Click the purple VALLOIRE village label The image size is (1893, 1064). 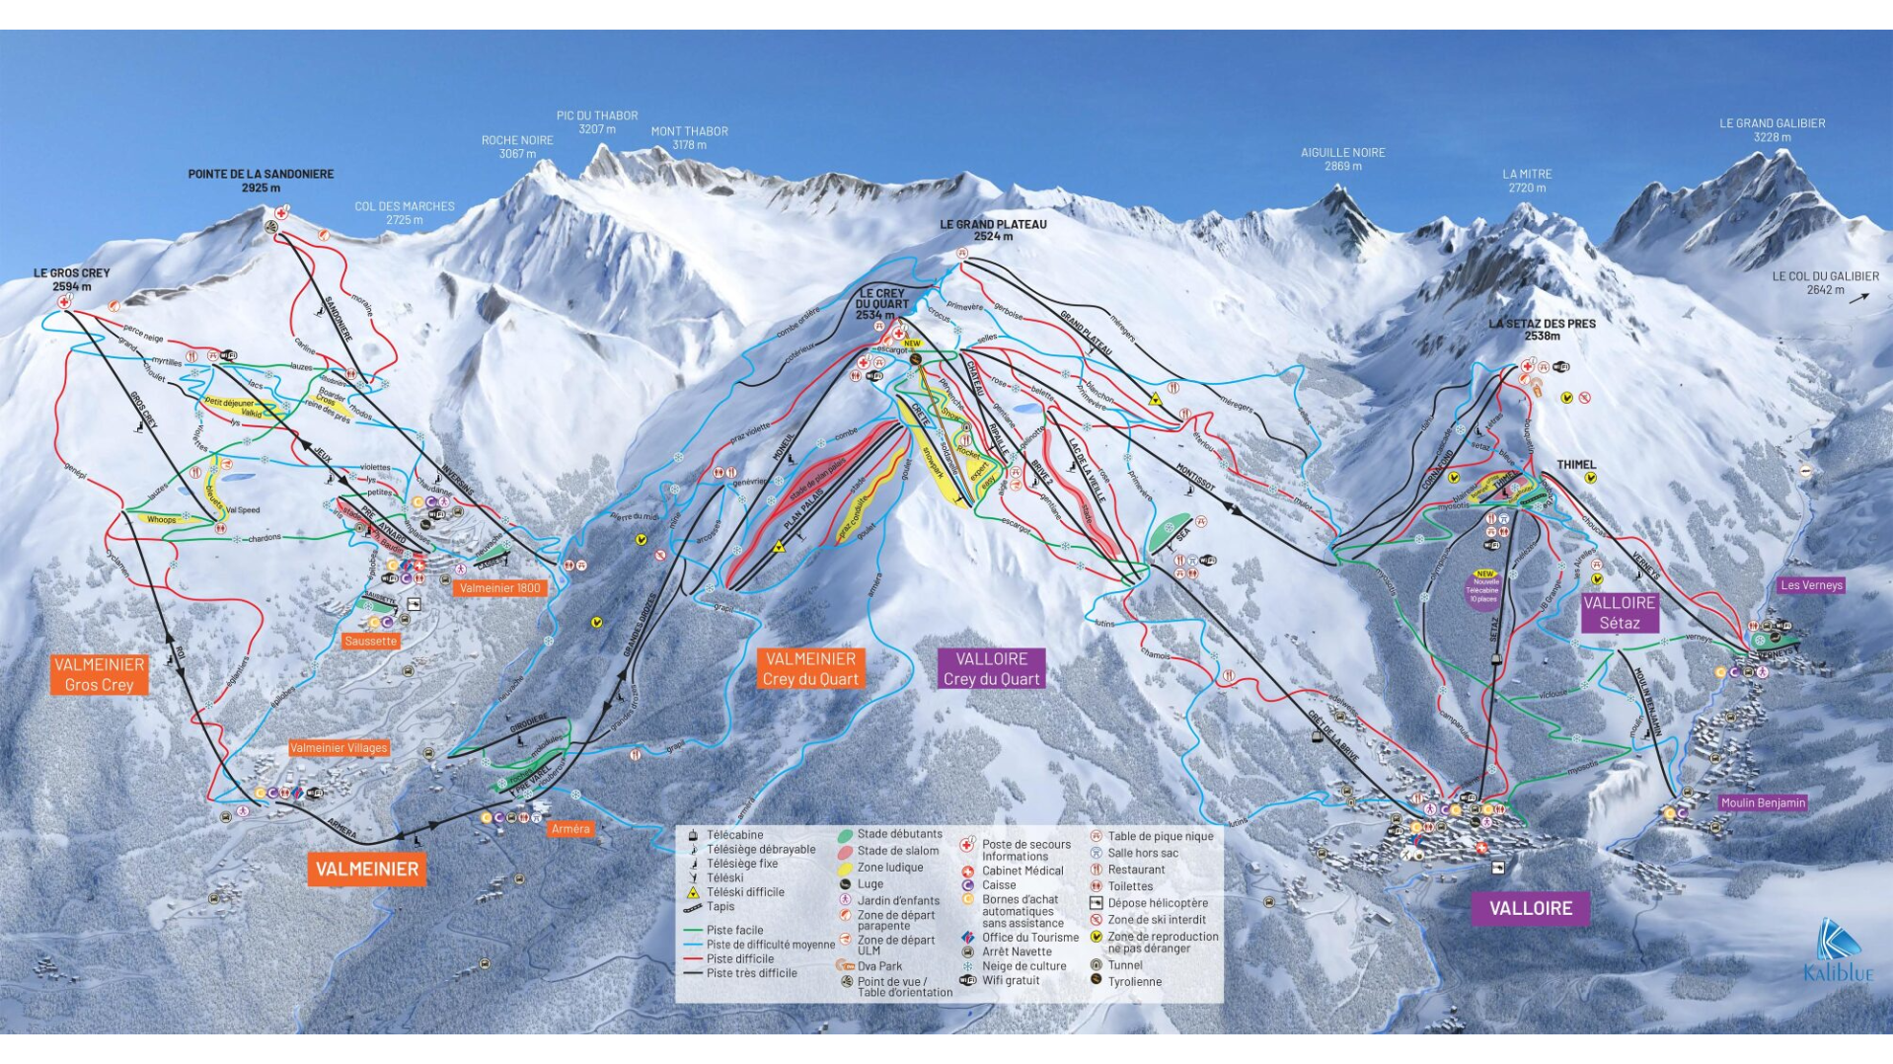pos(1530,908)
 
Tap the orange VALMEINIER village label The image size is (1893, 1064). pos(366,870)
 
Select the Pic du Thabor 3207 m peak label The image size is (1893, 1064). pos(597,122)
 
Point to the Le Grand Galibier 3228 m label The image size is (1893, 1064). pos(1772,130)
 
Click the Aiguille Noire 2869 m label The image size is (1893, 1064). pos(1342,159)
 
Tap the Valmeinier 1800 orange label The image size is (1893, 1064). pos(500,588)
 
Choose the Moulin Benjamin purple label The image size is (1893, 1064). pos(1763,803)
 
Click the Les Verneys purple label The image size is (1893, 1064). pos(1811,585)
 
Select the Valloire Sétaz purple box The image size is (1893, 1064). pos(1619,613)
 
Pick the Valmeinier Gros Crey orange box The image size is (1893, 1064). pos(99,675)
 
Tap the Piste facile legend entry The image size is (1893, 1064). pos(734,930)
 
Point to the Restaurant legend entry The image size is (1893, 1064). pos(1135,870)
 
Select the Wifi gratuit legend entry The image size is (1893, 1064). pos(1010,980)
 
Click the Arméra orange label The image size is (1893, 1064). pos(570,829)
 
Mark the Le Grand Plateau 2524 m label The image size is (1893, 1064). pos(993,230)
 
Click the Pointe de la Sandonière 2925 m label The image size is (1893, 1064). pos(261,181)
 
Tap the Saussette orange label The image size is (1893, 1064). pos(371,642)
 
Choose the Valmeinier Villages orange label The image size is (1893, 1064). pos(339,748)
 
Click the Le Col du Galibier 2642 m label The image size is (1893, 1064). pos(1824,283)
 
